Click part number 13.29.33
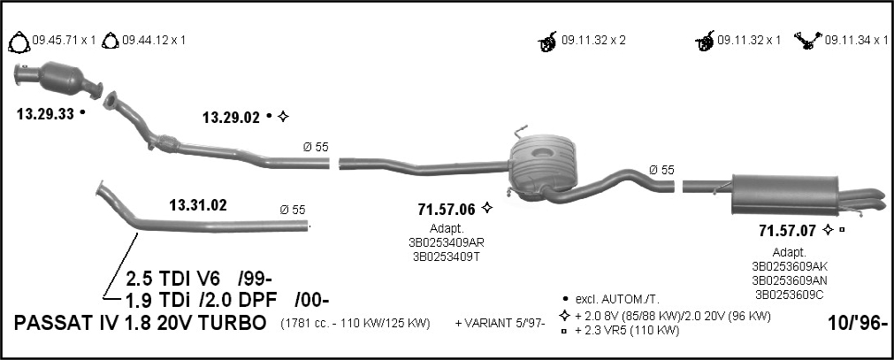(x=46, y=114)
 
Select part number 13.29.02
(x=231, y=118)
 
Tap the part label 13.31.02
(x=198, y=205)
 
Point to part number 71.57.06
(x=447, y=210)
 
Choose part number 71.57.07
(x=787, y=231)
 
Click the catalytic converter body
(x=62, y=79)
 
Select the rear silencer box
(x=785, y=195)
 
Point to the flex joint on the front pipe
(x=167, y=143)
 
